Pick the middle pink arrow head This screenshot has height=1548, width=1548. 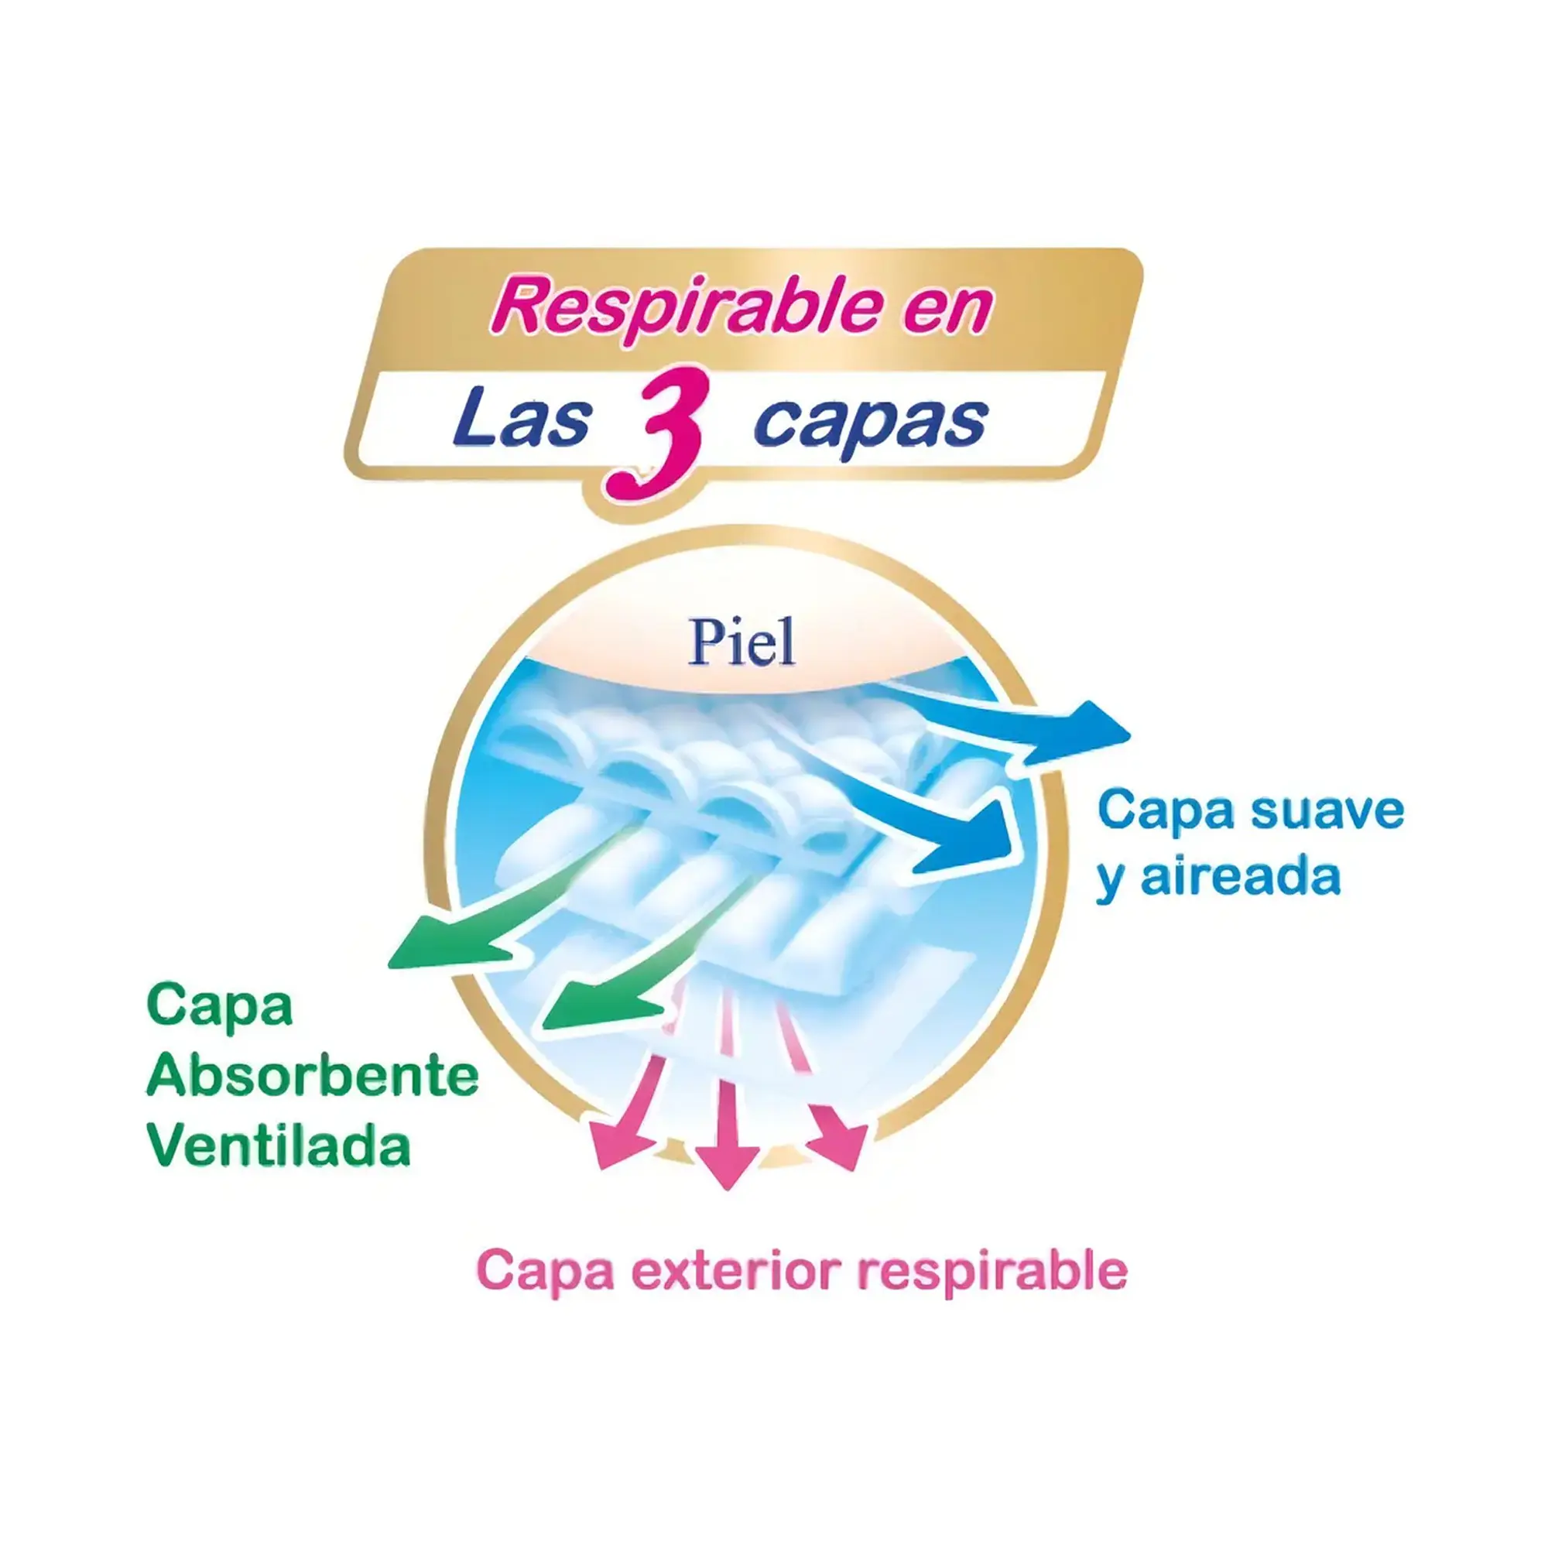click(727, 1161)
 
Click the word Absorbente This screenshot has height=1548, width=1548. click(313, 1076)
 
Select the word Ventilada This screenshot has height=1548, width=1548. click(279, 1146)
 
